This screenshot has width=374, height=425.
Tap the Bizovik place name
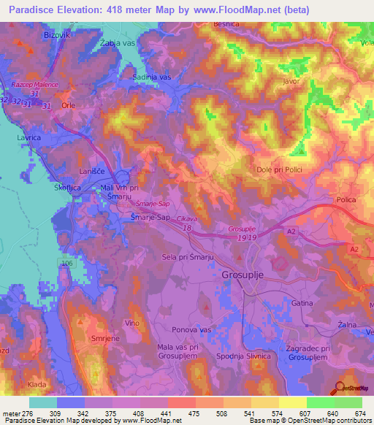click(x=37, y=34)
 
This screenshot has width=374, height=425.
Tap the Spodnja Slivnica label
click(x=240, y=356)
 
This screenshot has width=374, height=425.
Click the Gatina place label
click(x=302, y=302)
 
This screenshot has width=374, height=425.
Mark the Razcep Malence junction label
click(x=34, y=85)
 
